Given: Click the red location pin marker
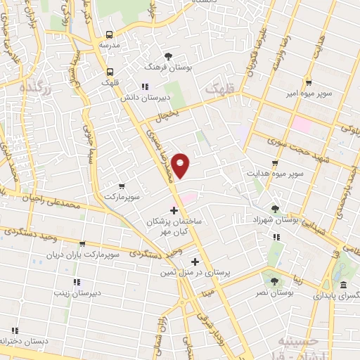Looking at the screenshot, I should click(x=181, y=165).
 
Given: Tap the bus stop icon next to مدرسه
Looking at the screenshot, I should click(x=110, y=34).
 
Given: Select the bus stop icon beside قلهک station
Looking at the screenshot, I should click(x=110, y=71).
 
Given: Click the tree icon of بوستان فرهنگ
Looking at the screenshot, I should click(x=167, y=56).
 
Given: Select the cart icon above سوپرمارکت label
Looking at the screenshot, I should click(x=122, y=186).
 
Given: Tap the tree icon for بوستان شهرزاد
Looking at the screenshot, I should click(x=275, y=209).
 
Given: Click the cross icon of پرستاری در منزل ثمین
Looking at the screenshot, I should click(x=195, y=261).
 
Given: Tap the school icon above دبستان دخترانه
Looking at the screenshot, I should click(x=13, y=330).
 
